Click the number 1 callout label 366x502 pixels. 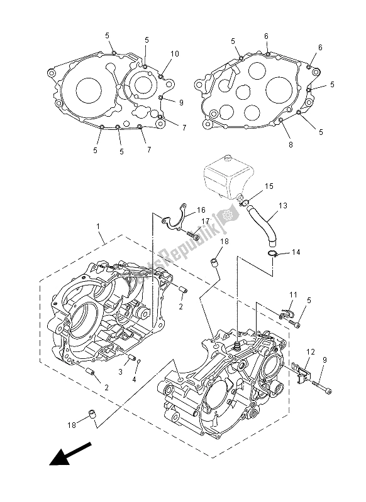click(98, 227)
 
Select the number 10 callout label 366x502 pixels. click(174, 54)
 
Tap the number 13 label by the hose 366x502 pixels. click(282, 206)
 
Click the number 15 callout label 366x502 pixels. click(269, 186)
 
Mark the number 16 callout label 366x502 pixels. click(201, 210)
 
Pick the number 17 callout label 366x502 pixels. click(204, 221)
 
